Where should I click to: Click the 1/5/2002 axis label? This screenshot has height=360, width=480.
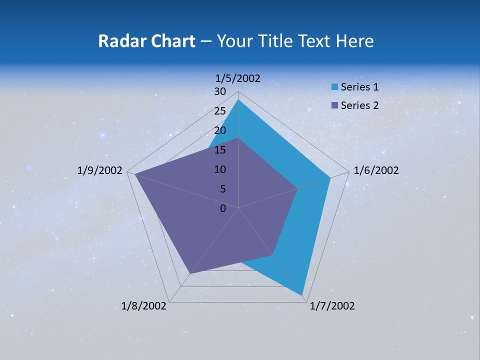(x=238, y=78)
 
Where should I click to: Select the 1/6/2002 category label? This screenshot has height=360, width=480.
(x=376, y=170)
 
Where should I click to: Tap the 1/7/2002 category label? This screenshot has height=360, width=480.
(x=332, y=306)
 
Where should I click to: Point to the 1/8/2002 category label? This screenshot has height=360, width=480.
(x=144, y=306)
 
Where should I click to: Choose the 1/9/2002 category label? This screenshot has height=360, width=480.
(x=100, y=170)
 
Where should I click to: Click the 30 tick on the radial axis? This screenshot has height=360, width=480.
(x=220, y=91)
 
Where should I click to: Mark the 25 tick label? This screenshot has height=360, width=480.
(x=220, y=111)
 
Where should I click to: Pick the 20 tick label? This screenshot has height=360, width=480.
(x=220, y=130)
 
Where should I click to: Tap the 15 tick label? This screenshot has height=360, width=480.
(x=220, y=150)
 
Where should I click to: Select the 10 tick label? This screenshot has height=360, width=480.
(x=220, y=169)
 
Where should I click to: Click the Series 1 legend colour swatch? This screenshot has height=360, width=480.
(x=334, y=87)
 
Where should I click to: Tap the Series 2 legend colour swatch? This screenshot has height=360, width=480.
(x=334, y=105)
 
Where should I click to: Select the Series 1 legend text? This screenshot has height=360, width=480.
(x=359, y=87)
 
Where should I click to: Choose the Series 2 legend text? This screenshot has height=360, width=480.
(x=359, y=105)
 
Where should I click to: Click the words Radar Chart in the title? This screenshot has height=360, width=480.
(x=146, y=41)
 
